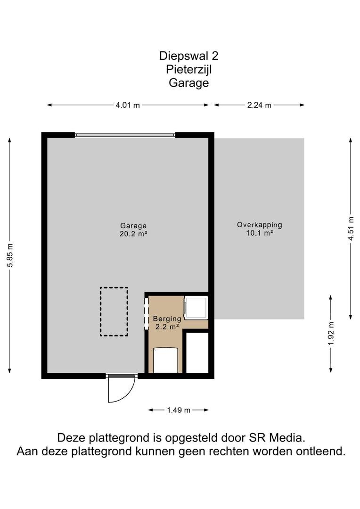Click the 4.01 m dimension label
point(128,105)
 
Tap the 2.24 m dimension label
point(259,105)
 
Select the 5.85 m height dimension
point(10,255)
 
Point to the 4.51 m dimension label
point(351,229)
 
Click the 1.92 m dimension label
point(331,334)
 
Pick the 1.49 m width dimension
point(179,410)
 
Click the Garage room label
point(133,226)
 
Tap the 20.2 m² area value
point(133,234)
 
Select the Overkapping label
point(259,225)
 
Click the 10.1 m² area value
point(259,233)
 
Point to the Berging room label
point(167,319)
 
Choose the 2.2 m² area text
point(167,327)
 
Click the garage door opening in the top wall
point(125,135)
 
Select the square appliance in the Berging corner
point(196,308)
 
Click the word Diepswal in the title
point(184,56)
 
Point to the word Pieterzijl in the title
point(188,69)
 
